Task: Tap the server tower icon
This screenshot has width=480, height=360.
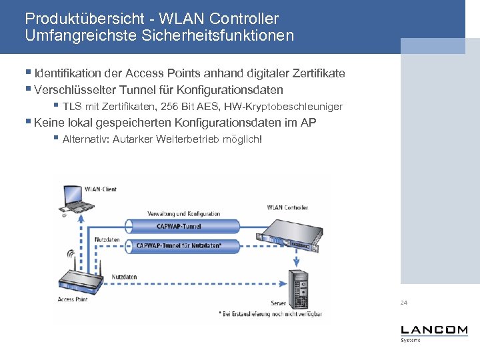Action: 297,285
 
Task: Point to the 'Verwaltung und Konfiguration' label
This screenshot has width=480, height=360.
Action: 184,214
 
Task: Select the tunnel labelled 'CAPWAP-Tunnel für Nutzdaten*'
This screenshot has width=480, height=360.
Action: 178,245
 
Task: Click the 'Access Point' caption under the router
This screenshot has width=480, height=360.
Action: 73,299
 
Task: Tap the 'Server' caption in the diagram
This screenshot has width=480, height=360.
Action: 278,303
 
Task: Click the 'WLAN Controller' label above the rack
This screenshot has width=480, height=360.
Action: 287,207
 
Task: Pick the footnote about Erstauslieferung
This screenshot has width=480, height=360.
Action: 270,313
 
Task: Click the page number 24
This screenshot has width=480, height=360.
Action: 404,303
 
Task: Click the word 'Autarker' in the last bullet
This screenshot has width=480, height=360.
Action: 133,139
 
